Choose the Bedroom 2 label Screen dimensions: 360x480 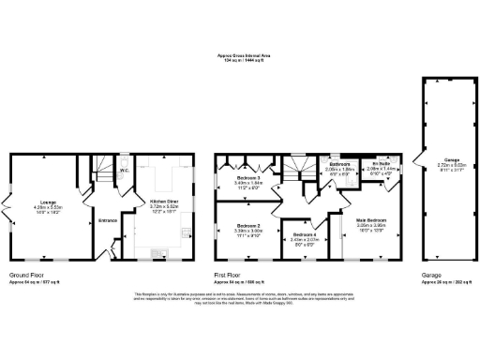(x=247, y=226)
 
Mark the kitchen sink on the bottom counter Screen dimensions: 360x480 (x=163, y=251)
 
